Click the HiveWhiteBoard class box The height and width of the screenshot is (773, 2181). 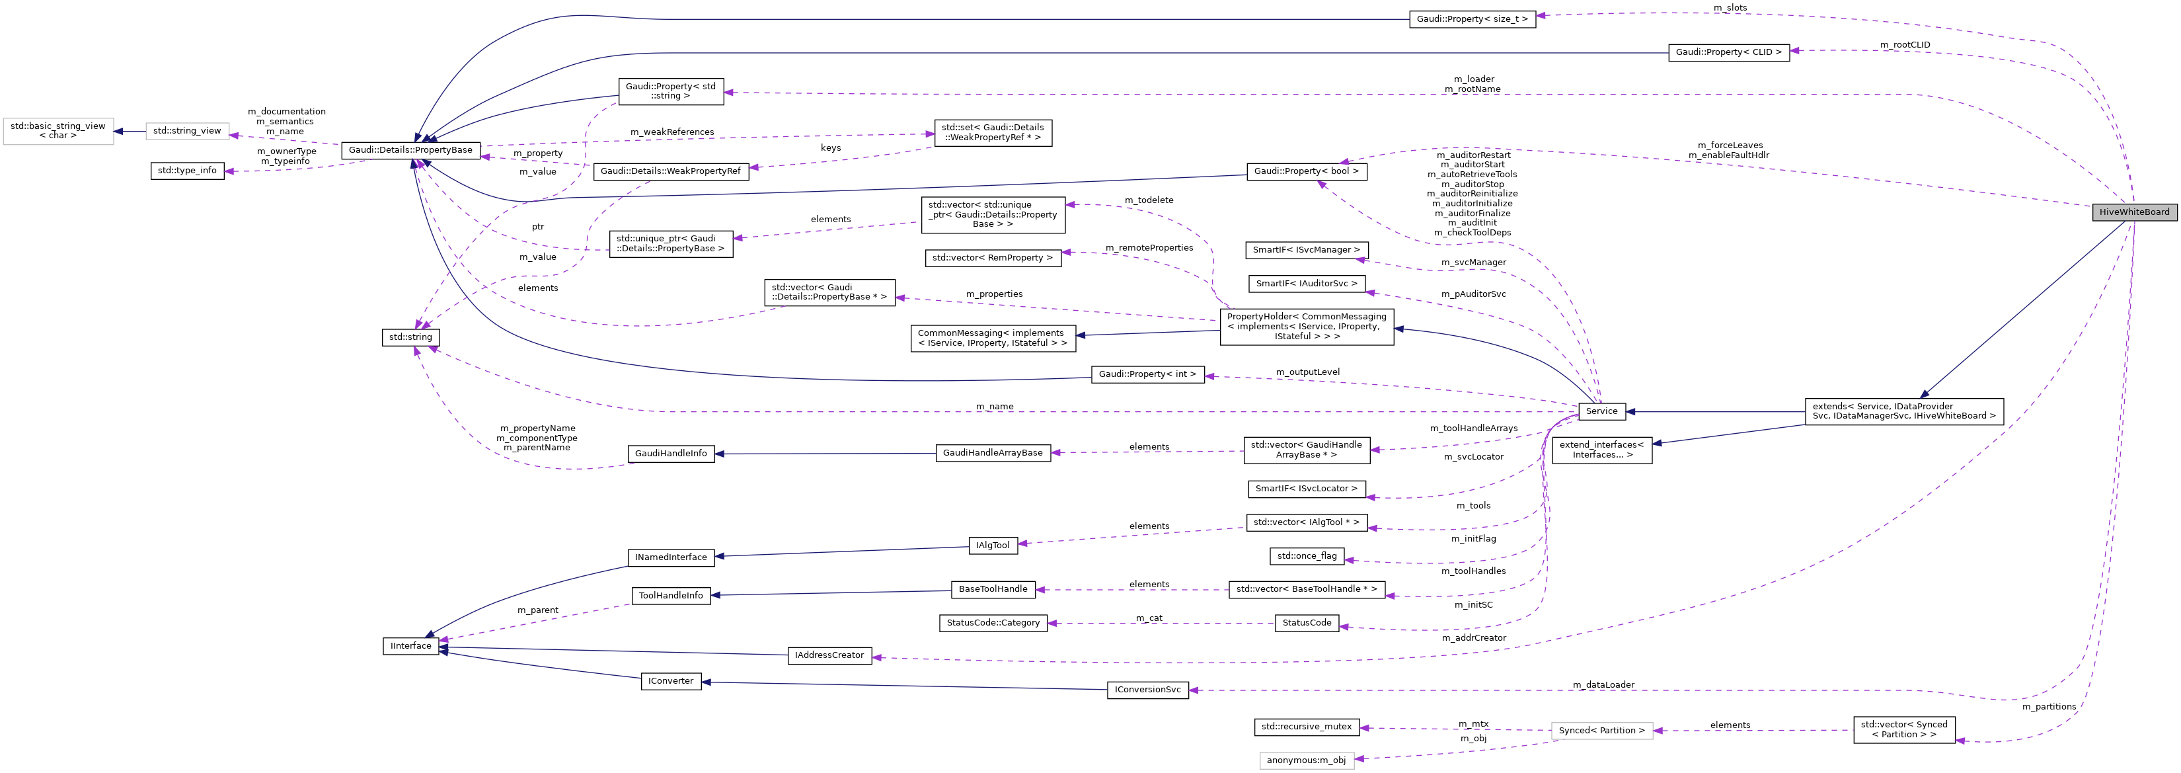2133,212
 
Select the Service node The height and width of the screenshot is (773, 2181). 1601,411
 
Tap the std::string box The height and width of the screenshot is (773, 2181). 410,337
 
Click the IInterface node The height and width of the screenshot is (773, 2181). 410,646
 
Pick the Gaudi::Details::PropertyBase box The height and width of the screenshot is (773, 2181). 410,150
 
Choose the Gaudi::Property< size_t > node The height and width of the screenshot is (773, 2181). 1473,19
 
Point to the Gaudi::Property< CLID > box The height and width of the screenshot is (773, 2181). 1728,52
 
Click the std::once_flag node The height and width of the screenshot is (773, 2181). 1307,556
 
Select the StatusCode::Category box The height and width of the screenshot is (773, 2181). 992,623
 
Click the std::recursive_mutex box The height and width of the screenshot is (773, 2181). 1307,727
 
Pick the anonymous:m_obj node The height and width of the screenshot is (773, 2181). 1307,760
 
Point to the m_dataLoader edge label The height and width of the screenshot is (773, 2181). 1603,685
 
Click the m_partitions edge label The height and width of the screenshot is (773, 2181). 2049,707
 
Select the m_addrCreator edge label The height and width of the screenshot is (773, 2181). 1474,638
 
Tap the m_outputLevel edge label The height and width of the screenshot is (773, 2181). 1307,372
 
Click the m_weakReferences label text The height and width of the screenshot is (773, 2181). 671,132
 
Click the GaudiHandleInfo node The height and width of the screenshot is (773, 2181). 671,454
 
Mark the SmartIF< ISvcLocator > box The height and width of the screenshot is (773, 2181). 1307,489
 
